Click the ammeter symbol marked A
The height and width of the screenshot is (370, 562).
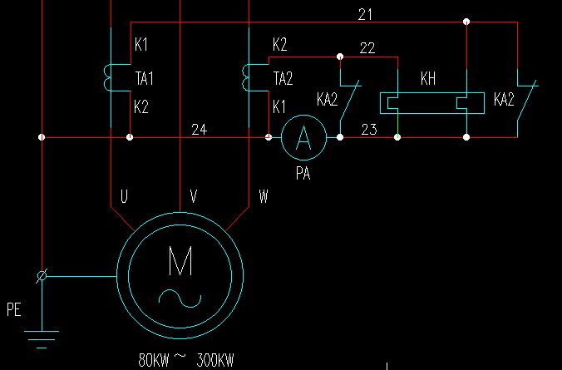click(303, 137)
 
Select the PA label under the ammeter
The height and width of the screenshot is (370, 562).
click(303, 175)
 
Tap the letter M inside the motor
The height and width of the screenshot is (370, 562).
click(180, 263)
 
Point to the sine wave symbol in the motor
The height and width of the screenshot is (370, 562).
click(180, 298)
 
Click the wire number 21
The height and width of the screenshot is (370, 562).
click(366, 14)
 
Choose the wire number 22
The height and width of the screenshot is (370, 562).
click(367, 48)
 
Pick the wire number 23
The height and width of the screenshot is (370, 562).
click(369, 129)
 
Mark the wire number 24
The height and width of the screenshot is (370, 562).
click(199, 129)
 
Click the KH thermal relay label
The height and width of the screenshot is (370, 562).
click(428, 80)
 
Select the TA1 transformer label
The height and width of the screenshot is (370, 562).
click(145, 79)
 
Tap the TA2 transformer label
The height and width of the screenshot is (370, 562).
click(283, 79)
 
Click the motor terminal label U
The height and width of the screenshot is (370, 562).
click(124, 197)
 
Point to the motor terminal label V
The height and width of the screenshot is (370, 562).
click(193, 197)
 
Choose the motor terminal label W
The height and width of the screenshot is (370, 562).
click(264, 197)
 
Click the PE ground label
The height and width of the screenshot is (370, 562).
click(13, 311)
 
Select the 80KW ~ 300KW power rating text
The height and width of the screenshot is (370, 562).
click(186, 361)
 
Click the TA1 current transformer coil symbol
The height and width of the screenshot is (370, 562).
click(107, 77)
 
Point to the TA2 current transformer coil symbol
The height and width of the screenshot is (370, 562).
click(246, 77)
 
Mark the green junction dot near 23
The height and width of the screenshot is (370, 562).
click(397, 136)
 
